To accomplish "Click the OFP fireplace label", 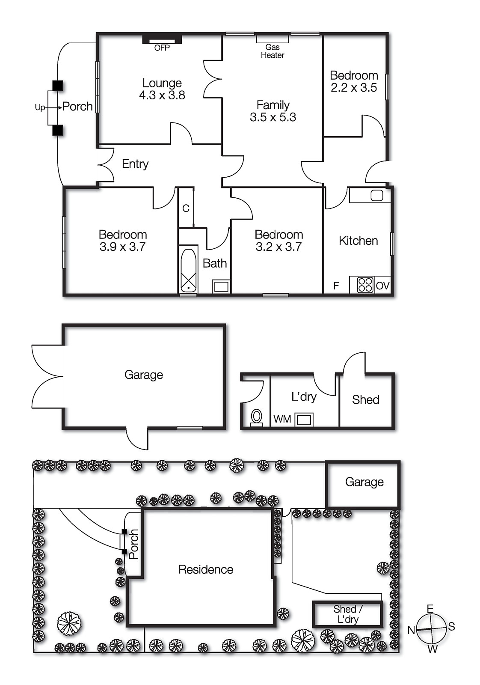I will point(162,48).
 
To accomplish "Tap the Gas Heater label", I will point(273,51).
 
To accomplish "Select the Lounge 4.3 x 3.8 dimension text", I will point(162,95).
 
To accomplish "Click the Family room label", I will point(273,105).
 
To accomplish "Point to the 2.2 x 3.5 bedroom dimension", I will point(354,88).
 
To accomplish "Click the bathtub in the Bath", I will point(188,270).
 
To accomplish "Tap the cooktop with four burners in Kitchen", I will point(365,285).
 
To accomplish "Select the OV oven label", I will point(382,286).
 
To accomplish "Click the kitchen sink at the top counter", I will point(376,196).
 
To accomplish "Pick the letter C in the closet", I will point(186,208).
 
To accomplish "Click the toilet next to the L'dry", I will point(256,416).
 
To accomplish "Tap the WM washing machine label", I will point(282,419).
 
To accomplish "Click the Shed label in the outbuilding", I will point(365,400).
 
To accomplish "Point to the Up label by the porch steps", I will point(39,107).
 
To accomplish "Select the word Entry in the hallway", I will point(135,164).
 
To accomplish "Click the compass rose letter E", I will point(430,608).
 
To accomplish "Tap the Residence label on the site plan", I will point(206,569).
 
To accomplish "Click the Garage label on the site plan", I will point(364,482).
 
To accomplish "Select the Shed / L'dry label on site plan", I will point(347,614).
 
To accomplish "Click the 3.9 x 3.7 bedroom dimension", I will point(122,247).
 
